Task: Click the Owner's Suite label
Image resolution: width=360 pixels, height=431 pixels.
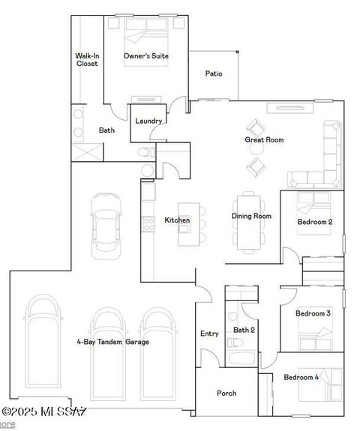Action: coord(145,56)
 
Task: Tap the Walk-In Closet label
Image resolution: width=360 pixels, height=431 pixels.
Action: coord(87,60)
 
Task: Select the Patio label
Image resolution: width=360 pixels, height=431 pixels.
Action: coord(214,73)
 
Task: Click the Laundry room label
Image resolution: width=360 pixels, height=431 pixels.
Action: coord(148,121)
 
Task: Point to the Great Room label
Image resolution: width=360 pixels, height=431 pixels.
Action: coord(264,139)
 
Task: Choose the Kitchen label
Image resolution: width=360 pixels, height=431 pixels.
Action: coord(176,220)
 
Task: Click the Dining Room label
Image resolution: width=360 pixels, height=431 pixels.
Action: coord(251,217)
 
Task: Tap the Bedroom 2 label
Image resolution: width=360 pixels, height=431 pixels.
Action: coord(314,222)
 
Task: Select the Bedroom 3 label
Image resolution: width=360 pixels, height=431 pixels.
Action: coord(313,313)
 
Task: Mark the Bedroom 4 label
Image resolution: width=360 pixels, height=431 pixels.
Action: coord(301,377)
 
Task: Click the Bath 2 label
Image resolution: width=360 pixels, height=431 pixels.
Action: coord(244,330)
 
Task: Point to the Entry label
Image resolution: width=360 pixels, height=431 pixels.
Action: coord(209,334)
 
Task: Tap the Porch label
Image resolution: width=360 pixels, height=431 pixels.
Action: coord(226,393)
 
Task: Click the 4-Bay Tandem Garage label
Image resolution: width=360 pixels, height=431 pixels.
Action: coord(112,342)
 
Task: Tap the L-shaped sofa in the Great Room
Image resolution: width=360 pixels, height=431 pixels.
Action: coord(327,161)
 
